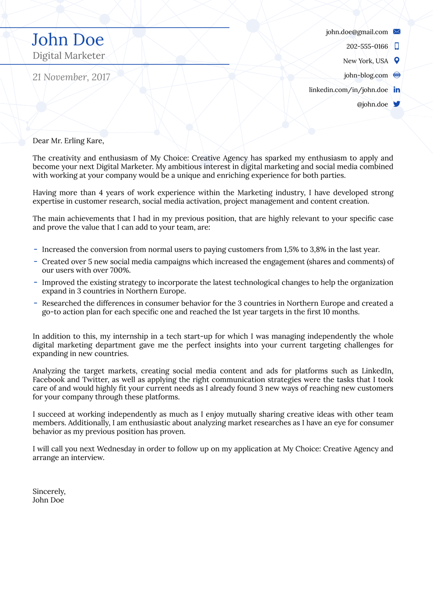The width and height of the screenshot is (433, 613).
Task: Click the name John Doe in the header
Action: (x=68, y=40)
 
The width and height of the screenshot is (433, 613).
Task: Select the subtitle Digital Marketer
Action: (x=69, y=56)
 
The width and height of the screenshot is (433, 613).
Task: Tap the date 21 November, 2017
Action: (x=71, y=77)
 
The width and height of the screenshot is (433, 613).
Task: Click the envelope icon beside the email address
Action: (x=397, y=32)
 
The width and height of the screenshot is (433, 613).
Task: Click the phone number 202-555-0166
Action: (x=367, y=46)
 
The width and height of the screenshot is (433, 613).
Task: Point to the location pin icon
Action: (x=397, y=60)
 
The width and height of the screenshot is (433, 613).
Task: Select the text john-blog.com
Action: (x=366, y=75)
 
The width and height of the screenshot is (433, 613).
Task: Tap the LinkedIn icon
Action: (x=397, y=90)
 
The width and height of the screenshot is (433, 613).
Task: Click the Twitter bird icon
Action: (x=397, y=104)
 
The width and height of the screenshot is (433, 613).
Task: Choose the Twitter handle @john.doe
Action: (x=372, y=104)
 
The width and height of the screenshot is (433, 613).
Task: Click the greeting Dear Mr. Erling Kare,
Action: (x=68, y=141)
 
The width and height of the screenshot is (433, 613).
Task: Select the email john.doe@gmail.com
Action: (x=356, y=32)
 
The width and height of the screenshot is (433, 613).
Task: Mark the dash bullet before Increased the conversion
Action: (x=35, y=249)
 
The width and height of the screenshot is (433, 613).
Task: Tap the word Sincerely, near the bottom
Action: (x=49, y=492)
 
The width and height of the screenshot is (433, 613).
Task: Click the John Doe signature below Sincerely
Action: (x=48, y=500)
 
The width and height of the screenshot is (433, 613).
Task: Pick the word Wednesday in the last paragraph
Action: (x=116, y=449)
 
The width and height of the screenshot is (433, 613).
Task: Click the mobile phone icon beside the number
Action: (x=397, y=46)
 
